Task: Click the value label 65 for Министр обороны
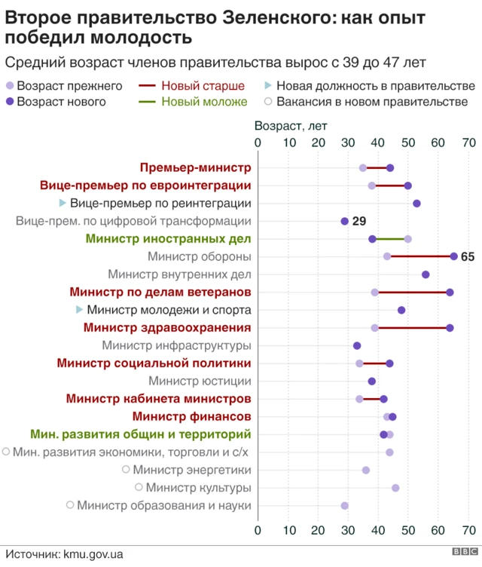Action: (x=468, y=257)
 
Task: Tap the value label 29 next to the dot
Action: (x=359, y=222)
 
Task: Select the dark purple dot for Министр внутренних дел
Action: (x=426, y=274)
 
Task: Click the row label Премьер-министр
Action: (x=195, y=167)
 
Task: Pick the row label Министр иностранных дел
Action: (x=168, y=239)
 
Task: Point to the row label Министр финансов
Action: (x=191, y=416)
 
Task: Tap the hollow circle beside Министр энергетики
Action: (x=126, y=470)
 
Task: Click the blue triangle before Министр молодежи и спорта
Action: (x=80, y=310)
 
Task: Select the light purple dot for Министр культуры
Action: (x=395, y=488)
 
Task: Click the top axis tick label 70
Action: (x=468, y=143)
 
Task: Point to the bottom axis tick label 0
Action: (x=258, y=529)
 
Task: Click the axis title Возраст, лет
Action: (x=291, y=126)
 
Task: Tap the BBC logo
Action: (x=463, y=553)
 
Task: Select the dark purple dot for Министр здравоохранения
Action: (x=450, y=328)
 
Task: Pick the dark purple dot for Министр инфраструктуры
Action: (x=357, y=345)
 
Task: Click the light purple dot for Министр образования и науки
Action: (x=345, y=506)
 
